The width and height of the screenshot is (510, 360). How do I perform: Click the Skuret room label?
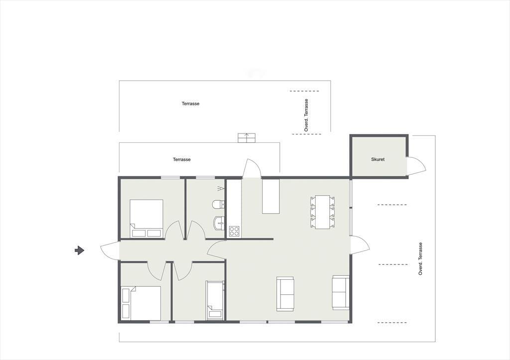378,159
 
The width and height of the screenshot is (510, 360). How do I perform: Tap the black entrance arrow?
79,250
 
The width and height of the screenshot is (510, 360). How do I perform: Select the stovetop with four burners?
234,231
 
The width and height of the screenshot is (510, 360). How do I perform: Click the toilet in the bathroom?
218,205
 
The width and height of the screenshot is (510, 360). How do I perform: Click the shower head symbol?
221,188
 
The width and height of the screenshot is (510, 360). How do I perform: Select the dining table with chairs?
323,212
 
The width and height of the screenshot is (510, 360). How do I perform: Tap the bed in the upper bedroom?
146,218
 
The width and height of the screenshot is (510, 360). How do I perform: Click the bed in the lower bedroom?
141,303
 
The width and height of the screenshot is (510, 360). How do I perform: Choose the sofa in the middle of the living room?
285,294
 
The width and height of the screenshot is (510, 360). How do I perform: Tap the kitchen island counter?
271,196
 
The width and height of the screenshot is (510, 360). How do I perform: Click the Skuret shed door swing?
417,165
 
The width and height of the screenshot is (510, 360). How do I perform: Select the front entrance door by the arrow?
110,250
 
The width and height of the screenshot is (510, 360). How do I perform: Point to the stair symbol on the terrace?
247,138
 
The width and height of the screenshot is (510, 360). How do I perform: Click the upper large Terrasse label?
191,104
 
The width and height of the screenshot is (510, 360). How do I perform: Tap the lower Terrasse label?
181,159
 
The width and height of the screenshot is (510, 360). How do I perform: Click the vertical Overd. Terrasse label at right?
420,259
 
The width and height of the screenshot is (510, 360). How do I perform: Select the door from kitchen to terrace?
252,168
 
